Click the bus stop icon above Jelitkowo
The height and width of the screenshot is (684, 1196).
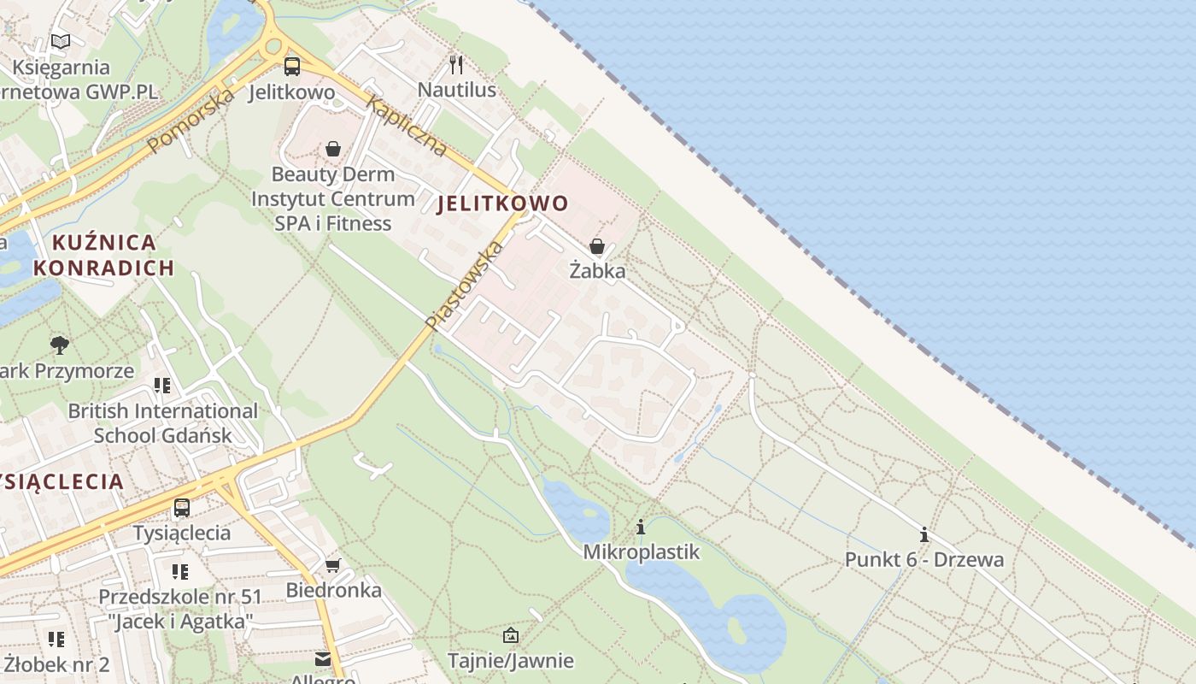292,66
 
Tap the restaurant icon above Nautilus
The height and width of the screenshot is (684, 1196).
456,64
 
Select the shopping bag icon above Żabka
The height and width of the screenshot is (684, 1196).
597,247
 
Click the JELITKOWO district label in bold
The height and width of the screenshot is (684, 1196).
502,203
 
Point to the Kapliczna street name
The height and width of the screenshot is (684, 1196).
407,127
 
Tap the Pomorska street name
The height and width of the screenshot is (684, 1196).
191,121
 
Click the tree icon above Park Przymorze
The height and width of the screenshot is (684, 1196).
59,345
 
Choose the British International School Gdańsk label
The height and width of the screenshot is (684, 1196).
162,422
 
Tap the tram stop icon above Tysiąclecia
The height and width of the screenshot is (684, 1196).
181,508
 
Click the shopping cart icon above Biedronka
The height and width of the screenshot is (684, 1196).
333,565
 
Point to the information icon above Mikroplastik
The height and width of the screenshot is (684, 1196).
641,527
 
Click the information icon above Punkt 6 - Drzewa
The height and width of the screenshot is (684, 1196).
923,535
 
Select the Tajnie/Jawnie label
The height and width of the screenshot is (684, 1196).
511,661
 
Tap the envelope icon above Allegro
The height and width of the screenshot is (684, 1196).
323,659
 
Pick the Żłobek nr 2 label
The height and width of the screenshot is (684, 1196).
56,664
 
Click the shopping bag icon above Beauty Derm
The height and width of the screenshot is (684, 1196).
332,149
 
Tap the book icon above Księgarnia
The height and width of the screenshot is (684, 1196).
60,41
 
